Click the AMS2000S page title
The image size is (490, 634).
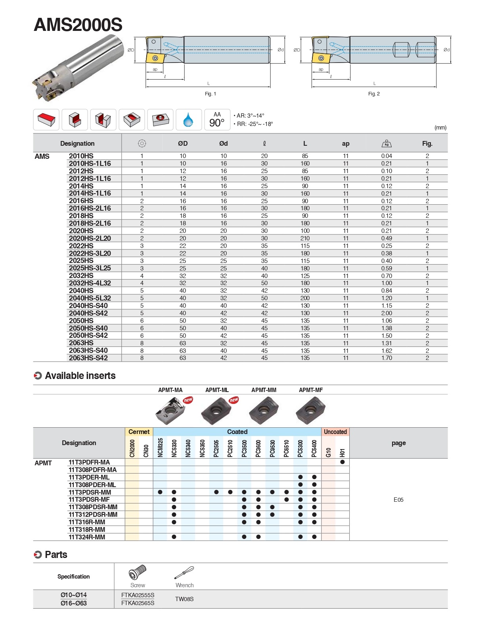[x=78, y=25]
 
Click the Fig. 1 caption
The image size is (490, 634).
[x=210, y=94]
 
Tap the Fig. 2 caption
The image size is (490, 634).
[x=373, y=94]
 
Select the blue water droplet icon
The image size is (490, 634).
[x=188, y=120]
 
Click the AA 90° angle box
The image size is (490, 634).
[x=217, y=120]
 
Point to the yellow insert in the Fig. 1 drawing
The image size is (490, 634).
[x=155, y=58]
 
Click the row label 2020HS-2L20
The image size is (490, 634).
[x=90, y=238]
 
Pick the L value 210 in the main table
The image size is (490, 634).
[x=305, y=238]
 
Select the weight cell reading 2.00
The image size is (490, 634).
[x=387, y=313]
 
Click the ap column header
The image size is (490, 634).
[x=346, y=144]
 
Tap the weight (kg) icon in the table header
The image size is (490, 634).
[x=386, y=143]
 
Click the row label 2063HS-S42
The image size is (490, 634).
[x=88, y=358]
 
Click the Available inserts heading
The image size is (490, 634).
[x=80, y=376]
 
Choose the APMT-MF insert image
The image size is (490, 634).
[x=310, y=410]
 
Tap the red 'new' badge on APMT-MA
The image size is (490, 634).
[x=188, y=400]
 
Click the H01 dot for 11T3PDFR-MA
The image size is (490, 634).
[x=343, y=462]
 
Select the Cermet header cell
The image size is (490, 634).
[x=139, y=432]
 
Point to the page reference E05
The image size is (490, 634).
[x=398, y=500]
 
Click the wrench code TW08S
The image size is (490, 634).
[x=184, y=599]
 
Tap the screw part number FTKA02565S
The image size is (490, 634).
[x=138, y=603]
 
